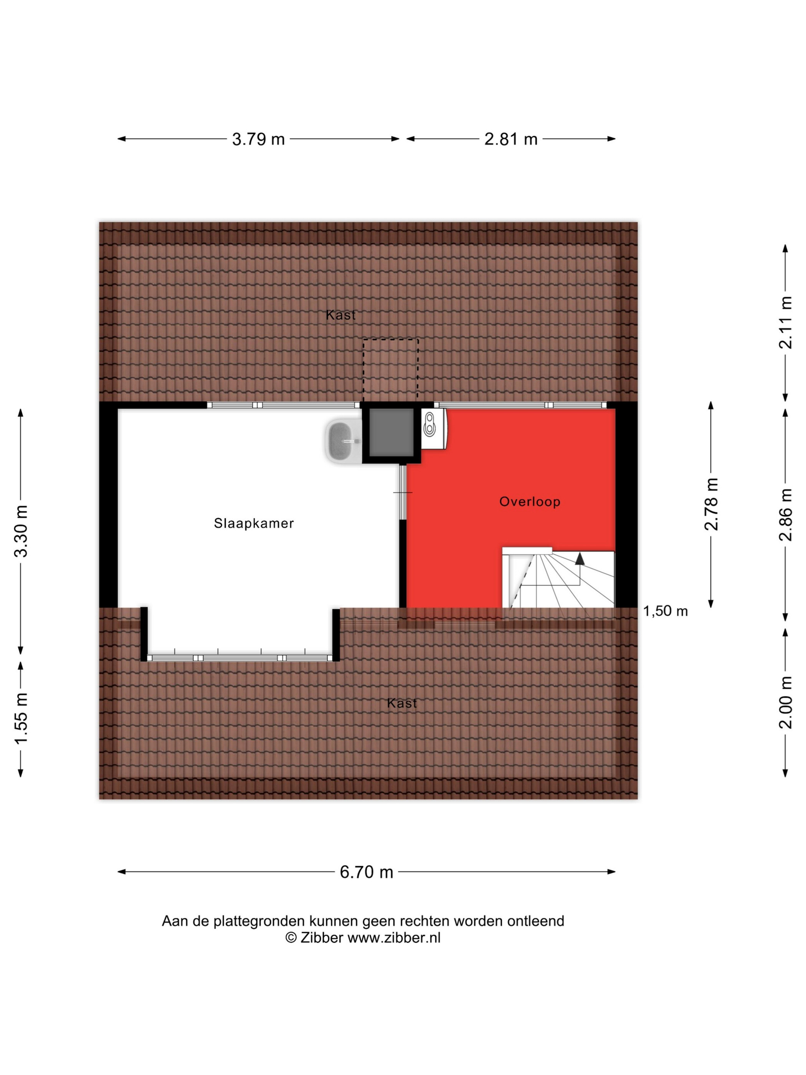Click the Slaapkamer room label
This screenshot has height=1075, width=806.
tap(254, 523)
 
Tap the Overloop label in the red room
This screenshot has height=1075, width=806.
tap(530, 501)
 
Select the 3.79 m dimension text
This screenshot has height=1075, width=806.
tap(258, 139)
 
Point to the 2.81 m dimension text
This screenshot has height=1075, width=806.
tap(510, 139)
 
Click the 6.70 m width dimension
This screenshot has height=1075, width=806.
tap(366, 872)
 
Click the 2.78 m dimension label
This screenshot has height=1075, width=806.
tap(711, 504)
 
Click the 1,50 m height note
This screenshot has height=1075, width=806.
tap(666, 611)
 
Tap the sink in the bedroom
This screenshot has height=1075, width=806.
tap(343, 441)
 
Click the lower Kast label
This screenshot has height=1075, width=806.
tap(402, 703)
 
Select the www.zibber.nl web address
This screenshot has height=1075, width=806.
tap(394, 938)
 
